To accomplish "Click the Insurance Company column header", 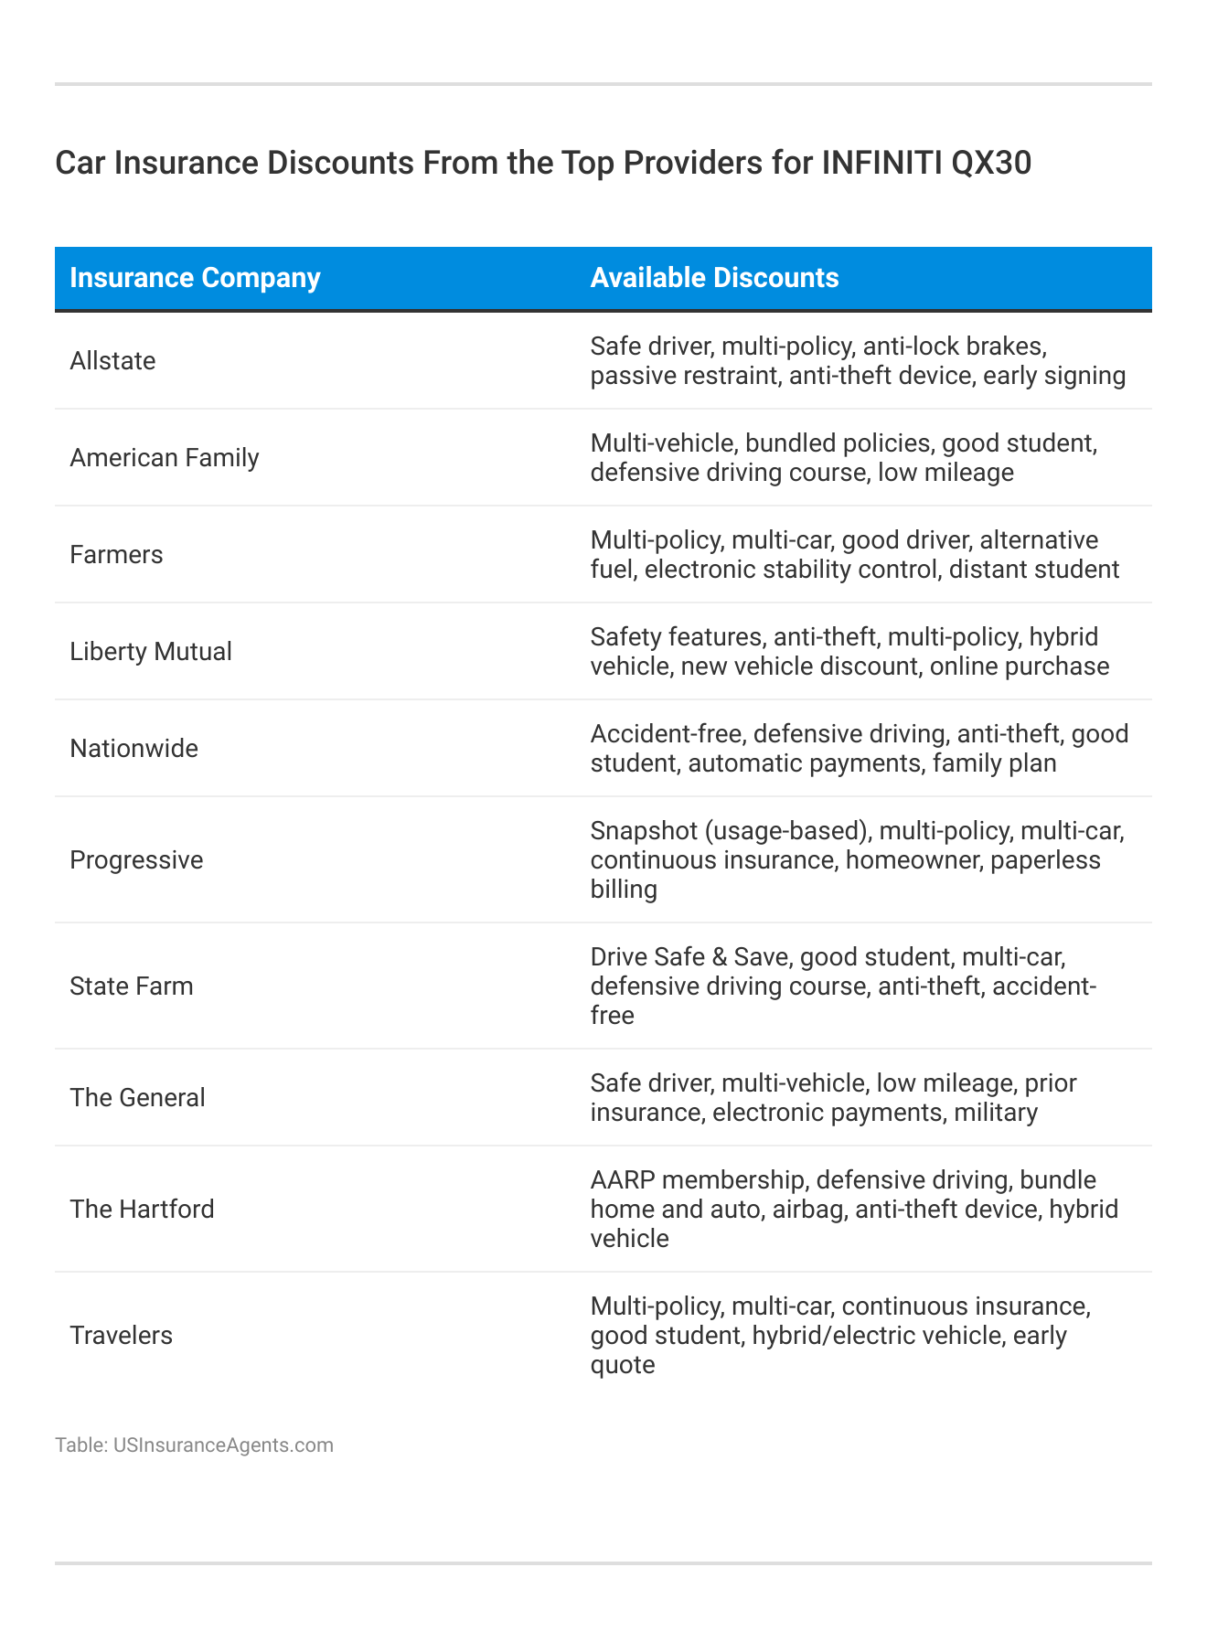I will [195, 278].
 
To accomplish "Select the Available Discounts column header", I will [714, 278].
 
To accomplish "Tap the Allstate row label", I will [112, 361].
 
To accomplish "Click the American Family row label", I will [165, 458].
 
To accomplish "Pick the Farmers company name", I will [116, 555].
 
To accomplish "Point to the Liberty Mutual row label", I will [151, 652].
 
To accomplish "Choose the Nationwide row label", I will [134, 749].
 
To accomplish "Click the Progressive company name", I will [136, 860].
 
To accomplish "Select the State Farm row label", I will [132, 986].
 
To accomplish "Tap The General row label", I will [138, 1098].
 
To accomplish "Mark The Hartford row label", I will [143, 1210].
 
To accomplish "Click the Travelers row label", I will [121, 1336].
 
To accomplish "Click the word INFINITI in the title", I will [881, 163].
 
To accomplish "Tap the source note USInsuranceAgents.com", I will [223, 1445].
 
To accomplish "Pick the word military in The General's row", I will [996, 1113].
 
